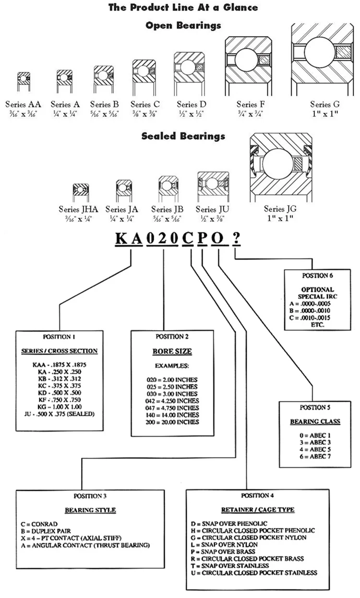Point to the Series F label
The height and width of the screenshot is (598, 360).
point(251,104)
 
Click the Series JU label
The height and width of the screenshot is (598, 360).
point(213,209)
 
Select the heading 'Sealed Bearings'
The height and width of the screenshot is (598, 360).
point(183,136)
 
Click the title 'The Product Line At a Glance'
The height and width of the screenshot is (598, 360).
point(183,7)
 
